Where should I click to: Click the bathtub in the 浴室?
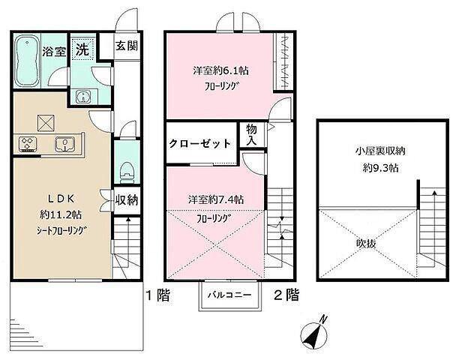tap(27, 61)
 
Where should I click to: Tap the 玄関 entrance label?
tap(127, 46)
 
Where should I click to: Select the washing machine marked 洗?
tap(82, 49)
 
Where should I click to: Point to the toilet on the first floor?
tap(127, 172)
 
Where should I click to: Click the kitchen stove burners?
tap(28, 144)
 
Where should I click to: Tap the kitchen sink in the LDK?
tap(64, 144)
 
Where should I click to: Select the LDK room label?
tap(61, 199)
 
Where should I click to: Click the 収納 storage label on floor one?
tap(127, 200)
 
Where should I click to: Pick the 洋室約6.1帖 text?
tap(220, 70)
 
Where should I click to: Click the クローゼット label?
tap(199, 144)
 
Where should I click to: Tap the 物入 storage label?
tap(252, 134)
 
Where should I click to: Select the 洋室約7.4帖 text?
tap(216, 199)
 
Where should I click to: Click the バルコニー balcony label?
tap(229, 295)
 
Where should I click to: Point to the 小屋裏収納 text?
tap(380, 151)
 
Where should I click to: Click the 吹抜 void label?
tap(366, 244)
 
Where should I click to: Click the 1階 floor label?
tap(158, 295)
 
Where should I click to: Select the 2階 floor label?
tap(286, 295)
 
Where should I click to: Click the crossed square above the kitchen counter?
tap(46, 123)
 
